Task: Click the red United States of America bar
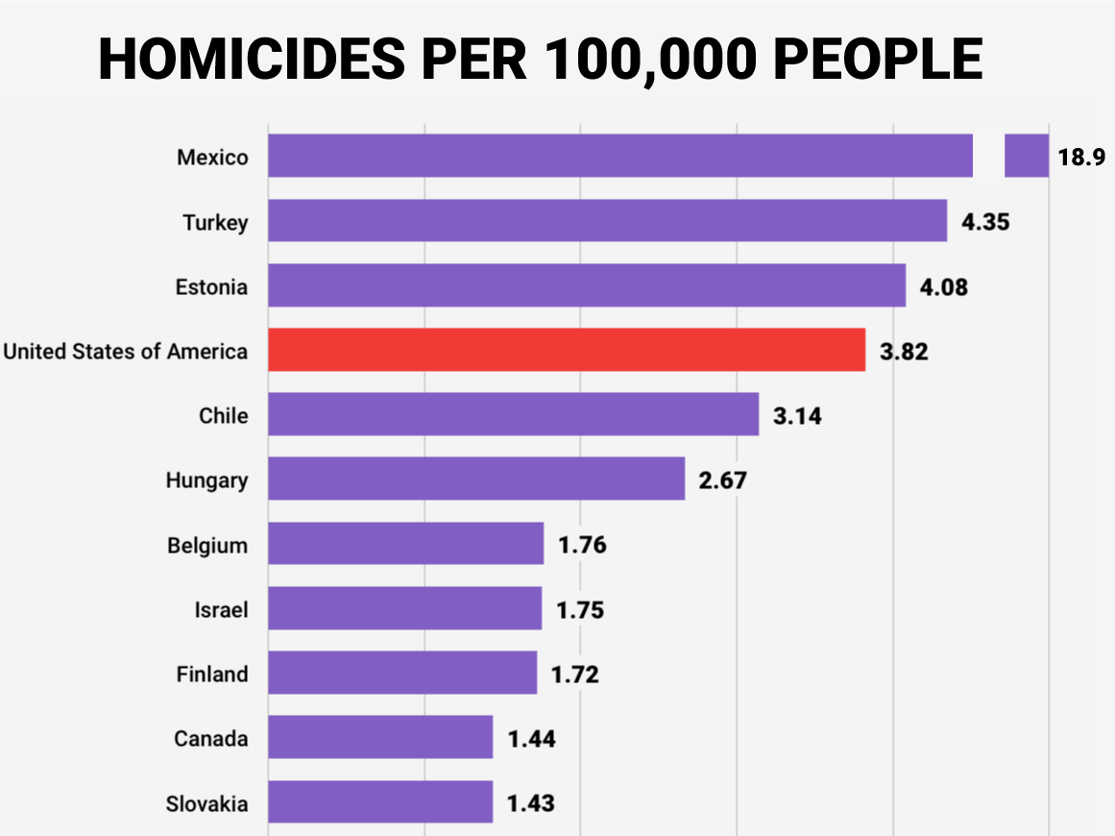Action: tap(566, 351)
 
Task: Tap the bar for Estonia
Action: tap(586, 286)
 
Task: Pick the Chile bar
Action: tap(513, 415)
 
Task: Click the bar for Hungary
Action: tap(475, 479)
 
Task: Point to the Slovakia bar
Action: tap(379, 802)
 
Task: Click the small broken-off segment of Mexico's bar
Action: tap(1026, 157)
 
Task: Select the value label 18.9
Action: tap(1081, 158)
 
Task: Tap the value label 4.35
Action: tap(985, 222)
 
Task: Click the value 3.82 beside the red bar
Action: tap(904, 352)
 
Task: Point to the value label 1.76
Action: tap(582, 546)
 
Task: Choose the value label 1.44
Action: tap(531, 739)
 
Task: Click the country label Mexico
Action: tap(212, 158)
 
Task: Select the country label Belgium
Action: tap(206, 546)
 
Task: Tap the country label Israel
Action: tap(221, 610)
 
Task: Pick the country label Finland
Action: tap(211, 675)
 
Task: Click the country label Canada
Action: tap(210, 739)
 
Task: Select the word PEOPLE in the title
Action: tap(878, 60)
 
